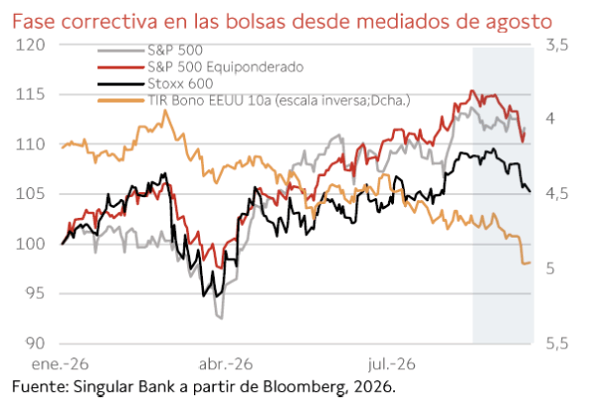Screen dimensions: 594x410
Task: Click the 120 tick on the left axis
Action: point(31,45)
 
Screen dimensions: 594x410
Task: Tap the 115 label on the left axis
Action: point(31,94)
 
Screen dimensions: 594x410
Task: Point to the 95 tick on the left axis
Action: point(35,293)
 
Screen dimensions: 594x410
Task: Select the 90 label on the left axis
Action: point(35,343)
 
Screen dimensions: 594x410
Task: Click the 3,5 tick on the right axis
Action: point(557,46)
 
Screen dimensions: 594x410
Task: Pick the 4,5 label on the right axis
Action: point(557,194)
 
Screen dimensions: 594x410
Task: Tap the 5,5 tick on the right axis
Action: point(557,344)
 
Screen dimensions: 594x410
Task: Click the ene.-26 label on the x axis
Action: point(60,364)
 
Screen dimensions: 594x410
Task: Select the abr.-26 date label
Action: point(226,364)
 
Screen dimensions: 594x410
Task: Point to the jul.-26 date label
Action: point(392,364)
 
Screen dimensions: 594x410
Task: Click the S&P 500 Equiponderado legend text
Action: point(226,67)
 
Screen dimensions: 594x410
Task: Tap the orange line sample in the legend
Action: point(121,101)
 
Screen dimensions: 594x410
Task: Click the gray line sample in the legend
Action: point(121,51)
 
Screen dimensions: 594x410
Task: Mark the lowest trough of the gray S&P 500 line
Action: point(221,318)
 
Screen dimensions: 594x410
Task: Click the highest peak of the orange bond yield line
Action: point(164,110)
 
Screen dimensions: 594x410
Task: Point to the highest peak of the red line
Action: point(471,90)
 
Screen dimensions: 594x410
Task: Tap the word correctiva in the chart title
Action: point(109,21)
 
